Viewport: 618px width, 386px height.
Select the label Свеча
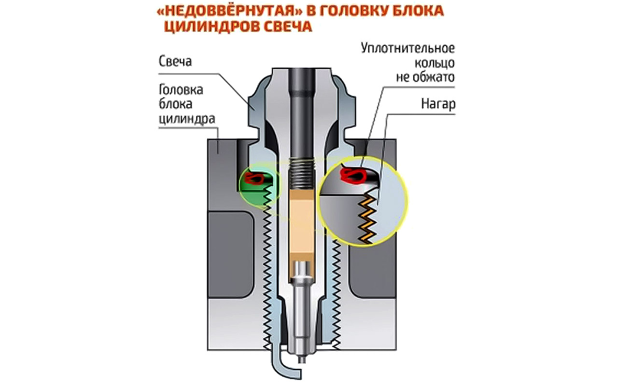[175, 61]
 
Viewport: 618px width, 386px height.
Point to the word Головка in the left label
[181, 90]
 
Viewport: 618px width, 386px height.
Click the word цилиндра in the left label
[187, 119]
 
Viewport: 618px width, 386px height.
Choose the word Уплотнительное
[408, 49]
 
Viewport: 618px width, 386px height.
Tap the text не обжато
[425, 77]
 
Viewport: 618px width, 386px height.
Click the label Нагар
[438, 104]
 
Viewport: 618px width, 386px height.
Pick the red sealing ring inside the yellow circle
[353, 176]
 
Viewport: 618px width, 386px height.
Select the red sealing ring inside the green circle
[254, 179]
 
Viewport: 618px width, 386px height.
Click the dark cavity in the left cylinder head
[231, 255]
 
